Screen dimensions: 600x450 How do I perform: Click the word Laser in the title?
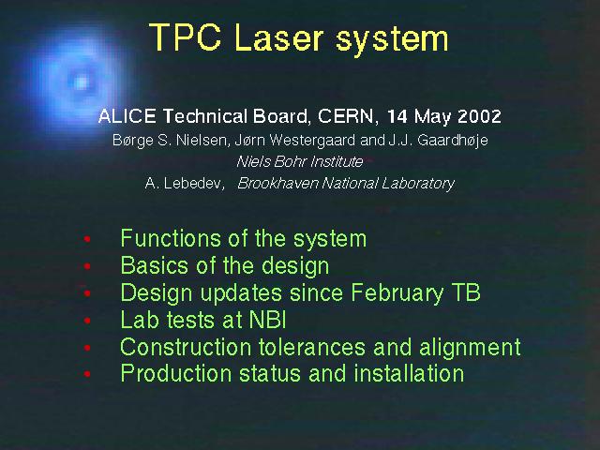(x=279, y=37)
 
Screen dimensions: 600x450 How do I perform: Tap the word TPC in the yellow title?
(x=186, y=37)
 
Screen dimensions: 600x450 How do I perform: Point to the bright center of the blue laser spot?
(x=81, y=82)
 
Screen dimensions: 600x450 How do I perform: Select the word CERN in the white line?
(x=345, y=116)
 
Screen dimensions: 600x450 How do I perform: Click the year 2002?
(x=479, y=116)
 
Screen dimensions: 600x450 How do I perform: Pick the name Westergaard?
(x=312, y=141)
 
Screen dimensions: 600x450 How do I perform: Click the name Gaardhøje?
(x=453, y=141)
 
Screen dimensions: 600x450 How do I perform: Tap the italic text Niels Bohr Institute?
(x=300, y=161)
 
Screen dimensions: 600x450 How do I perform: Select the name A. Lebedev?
(x=184, y=184)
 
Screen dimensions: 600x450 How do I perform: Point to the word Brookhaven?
(x=277, y=184)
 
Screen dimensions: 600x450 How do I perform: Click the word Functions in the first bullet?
(x=171, y=238)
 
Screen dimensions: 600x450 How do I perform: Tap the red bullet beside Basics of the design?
(x=87, y=266)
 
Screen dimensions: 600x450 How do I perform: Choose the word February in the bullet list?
(x=397, y=293)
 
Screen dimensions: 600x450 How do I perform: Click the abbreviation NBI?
(x=268, y=320)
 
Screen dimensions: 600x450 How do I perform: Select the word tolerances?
(x=312, y=347)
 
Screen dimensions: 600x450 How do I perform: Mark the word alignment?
(x=470, y=348)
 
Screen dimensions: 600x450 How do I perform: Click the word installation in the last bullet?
(x=409, y=373)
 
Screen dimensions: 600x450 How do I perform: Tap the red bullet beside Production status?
(x=87, y=374)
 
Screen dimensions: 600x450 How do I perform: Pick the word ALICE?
(x=127, y=116)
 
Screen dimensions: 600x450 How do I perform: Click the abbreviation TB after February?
(x=466, y=292)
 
